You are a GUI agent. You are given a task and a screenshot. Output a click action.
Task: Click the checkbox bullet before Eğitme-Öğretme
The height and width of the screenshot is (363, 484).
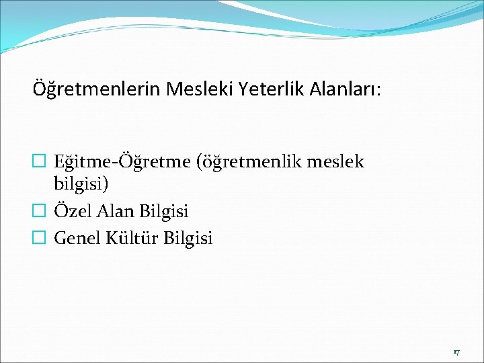[39, 162]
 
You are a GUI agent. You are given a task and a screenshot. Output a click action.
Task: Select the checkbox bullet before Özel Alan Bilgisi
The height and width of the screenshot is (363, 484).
[39, 212]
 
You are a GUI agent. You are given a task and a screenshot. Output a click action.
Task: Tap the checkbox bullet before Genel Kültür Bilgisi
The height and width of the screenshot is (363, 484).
[39, 238]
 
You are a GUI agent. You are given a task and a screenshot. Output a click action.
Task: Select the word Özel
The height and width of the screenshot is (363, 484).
[72, 212]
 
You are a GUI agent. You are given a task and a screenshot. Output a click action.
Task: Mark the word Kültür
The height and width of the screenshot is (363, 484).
[132, 238]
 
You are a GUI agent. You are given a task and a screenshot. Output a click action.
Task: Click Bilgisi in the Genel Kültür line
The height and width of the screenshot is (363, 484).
[188, 238]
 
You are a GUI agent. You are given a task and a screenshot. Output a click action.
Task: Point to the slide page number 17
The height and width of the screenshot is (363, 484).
[456, 352]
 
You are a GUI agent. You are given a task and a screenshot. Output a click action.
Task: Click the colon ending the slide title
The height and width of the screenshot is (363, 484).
[378, 89]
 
